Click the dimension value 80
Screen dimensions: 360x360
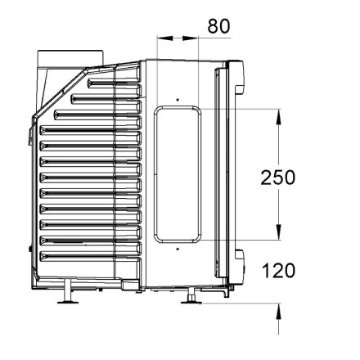tap(218, 26)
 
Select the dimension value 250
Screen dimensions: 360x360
tap(278, 178)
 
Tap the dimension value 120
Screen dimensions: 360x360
tap(278, 271)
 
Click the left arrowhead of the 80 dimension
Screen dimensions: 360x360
tap(165, 38)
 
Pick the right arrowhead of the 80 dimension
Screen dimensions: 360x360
tap(190, 38)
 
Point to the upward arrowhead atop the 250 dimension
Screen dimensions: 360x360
tap(278, 117)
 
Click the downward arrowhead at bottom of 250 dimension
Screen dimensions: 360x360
tap(278, 232)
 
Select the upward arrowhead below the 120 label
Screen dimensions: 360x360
tap(278, 311)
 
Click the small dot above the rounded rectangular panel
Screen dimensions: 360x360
tap(178, 100)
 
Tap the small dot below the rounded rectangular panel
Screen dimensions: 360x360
tap(178, 249)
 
